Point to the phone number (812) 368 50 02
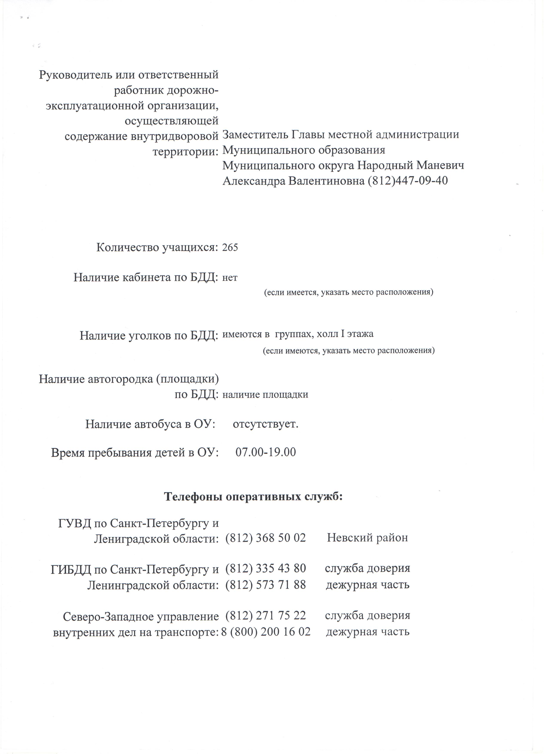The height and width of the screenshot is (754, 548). tap(265, 538)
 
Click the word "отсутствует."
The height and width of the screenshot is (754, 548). tap(265, 425)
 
